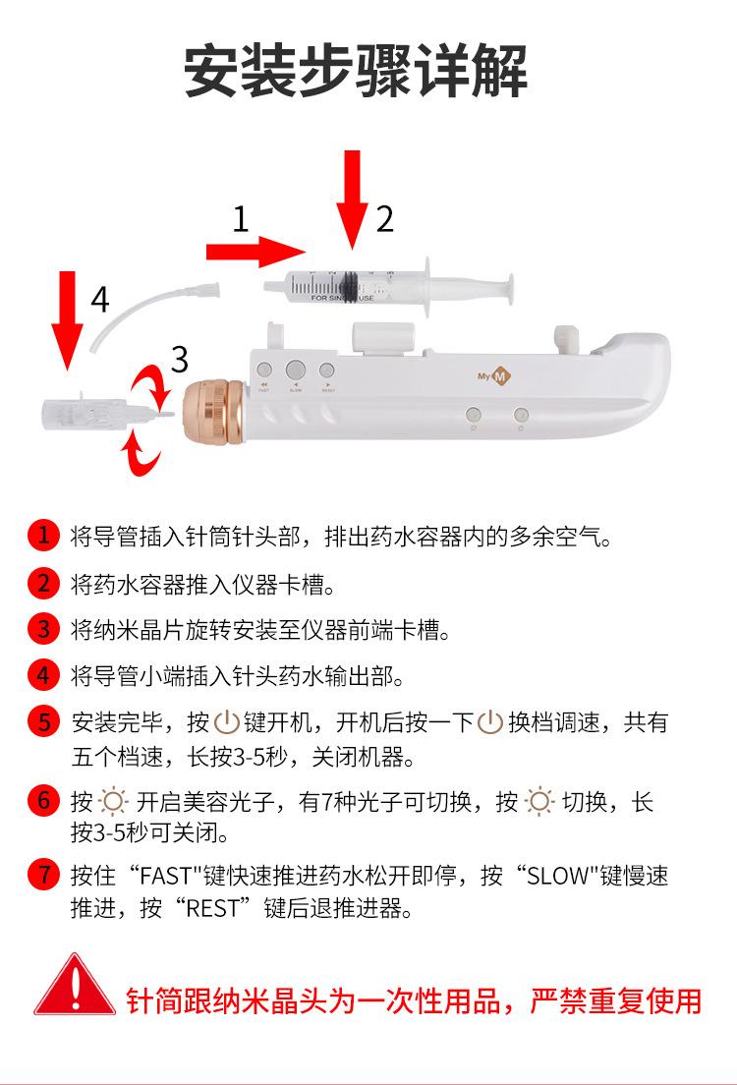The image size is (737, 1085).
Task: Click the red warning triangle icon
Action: click(75, 986)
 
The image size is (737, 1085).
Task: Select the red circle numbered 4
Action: click(43, 674)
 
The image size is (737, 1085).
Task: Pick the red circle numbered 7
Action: click(43, 874)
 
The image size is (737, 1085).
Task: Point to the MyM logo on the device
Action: click(494, 376)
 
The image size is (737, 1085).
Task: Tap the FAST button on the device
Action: click(263, 371)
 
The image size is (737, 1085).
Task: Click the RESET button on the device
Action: click(327, 371)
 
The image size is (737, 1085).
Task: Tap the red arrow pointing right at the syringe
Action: click(255, 252)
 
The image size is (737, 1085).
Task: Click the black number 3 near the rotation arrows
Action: click(179, 359)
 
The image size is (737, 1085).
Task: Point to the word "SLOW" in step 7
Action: click(556, 876)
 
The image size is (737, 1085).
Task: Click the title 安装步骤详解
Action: click(357, 71)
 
